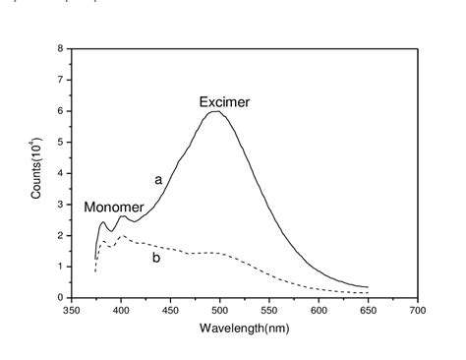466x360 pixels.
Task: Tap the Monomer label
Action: tap(113, 208)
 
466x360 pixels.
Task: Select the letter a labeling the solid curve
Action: tap(156, 180)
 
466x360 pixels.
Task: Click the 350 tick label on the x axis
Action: tap(71, 309)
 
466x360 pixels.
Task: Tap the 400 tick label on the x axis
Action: tap(120, 309)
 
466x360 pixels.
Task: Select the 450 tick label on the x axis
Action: tap(170, 309)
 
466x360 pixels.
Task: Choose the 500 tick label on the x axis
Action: tap(219, 309)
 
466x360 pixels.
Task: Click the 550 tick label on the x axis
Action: tap(269, 309)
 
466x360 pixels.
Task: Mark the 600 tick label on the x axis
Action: tap(319, 309)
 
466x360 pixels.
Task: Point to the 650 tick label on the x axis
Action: tap(369, 309)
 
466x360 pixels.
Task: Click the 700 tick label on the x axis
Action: tap(418, 309)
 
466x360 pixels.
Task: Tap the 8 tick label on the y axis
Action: tap(61, 49)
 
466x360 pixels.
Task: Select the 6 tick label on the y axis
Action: tap(61, 111)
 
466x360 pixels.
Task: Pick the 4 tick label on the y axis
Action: tap(61, 173)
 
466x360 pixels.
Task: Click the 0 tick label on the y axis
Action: tap(61, 297)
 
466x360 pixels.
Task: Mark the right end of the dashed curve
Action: tap(368, 292)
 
